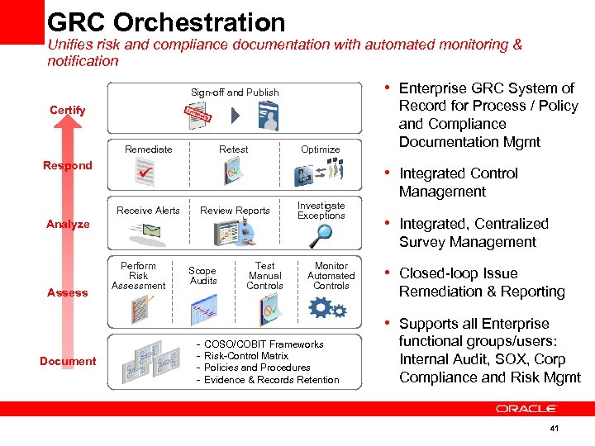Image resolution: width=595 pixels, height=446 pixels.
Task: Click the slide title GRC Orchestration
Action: pos(166,21)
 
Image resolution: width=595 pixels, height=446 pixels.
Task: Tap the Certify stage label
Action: pos(67,110)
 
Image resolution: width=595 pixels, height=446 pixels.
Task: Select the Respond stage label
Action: pos(67,165)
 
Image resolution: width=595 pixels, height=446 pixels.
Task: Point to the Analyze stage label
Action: pos(68,224)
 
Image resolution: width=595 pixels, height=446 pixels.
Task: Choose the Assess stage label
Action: pos(67,292)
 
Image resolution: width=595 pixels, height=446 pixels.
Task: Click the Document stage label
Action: pos(68,361)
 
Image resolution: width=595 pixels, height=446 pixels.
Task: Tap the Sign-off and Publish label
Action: pos(235,93)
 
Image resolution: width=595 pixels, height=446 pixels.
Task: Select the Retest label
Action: pos(234,149)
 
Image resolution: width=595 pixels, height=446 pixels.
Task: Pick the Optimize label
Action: pos(321,149)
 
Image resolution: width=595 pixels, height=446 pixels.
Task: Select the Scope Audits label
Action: pos(202,276)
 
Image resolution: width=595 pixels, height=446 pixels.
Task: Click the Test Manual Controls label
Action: pos(265,276)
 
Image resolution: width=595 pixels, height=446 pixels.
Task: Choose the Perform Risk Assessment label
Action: pos(138,276)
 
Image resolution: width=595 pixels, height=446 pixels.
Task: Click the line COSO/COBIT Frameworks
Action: pos(264,344)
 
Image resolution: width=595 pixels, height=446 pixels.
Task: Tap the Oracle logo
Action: pos(526,408)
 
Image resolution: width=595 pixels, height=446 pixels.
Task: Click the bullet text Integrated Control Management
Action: pos(458,183)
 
